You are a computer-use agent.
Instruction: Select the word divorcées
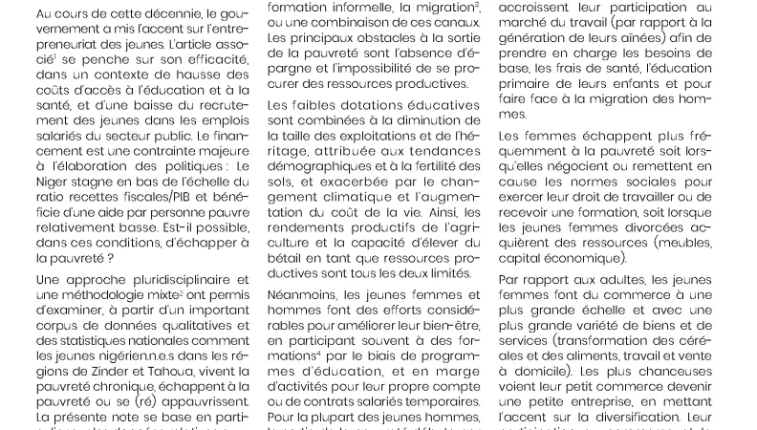coord(631,224)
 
